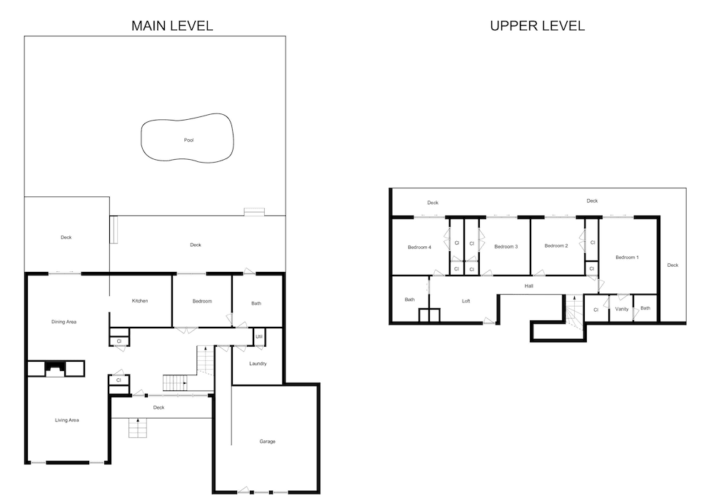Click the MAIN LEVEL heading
click(172, 26)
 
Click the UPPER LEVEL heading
click(538, 26)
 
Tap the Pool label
click(189, 141)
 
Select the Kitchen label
click(140, 301)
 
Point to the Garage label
click(267, 442)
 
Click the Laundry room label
click(258, 364)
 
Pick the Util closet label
click(259, 337)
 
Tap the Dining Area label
click(64, 322)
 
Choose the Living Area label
click(67, 420)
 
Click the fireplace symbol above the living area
click(56, 369)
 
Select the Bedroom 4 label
click(419, 247)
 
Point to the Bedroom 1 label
click(627, 257)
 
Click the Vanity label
click(622, 309)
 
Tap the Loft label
click(466, 301)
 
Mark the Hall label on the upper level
click(528, 286)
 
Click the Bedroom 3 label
click(506, 247)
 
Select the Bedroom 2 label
click(556, 246)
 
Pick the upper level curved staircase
click(574, 313)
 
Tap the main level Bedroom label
click(202, 301)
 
